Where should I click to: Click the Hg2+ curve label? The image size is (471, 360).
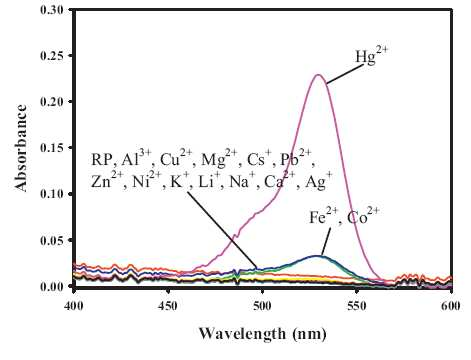(372, 55)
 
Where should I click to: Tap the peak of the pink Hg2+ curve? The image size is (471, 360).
(318, 75)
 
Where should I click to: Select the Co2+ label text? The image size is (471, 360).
(363, 216)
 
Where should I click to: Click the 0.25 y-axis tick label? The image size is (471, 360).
(52, 56)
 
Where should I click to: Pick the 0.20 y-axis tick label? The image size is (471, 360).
(52, 102)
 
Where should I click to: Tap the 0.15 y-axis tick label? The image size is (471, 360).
(52, 148)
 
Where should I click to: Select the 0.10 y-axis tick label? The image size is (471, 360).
(52, 194)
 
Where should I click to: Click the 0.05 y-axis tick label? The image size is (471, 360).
(52, 240)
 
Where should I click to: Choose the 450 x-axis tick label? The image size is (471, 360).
(168, 306)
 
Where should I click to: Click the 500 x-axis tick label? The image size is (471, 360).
(263, 306)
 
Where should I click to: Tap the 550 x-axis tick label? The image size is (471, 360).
(357, 306)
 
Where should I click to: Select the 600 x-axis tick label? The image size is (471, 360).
(451, 306)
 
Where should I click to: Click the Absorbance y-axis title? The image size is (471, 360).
(21, 148)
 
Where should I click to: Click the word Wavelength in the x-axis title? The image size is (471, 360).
(242, 333)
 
